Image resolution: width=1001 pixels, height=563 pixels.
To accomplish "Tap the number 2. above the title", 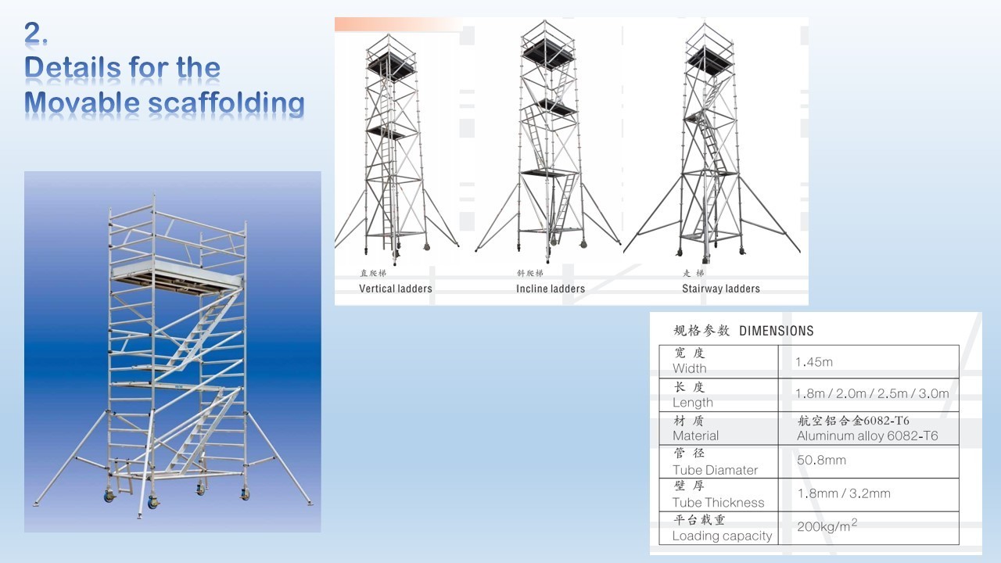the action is click(36, 33).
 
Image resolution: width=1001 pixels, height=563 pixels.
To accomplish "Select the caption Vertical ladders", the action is click(396, 289).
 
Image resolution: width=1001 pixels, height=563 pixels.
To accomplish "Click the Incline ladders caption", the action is click(551, 289).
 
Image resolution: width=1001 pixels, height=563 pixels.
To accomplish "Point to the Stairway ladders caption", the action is click(721, 289).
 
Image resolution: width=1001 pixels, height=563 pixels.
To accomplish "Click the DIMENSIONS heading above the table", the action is click(777, 331).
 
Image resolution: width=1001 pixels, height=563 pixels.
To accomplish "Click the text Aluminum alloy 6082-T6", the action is click(867, 436).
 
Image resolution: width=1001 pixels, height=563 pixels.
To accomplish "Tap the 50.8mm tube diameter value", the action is click(821, 460).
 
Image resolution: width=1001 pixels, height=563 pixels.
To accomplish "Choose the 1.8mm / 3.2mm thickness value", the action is click(844, 493).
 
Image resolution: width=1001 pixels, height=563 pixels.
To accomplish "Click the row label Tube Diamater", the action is click(715, 470).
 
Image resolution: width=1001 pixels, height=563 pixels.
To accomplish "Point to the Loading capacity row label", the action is click(722, 536).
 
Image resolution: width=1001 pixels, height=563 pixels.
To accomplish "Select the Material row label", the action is click(695, 436).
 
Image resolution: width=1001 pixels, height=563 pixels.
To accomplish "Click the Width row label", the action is click(690, 368).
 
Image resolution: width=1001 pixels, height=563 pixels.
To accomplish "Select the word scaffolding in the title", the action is click(226, 103).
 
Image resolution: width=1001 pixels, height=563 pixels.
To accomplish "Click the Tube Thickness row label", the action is click(718, 503).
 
